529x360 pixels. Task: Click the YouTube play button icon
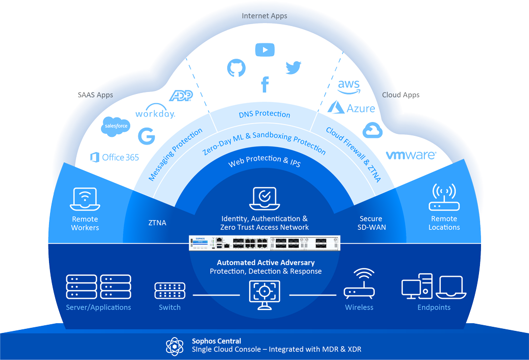[264, 50]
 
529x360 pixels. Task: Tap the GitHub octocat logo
[236, 68]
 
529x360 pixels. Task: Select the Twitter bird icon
[293, 67]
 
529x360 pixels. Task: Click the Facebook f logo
[264, 84]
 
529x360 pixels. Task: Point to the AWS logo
[349, 87]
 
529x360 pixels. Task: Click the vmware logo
[411, 155]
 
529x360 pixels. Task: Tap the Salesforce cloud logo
[115, 126]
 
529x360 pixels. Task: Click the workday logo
[155, 114]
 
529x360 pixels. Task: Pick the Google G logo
[147, 136]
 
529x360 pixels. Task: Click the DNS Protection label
[264, 114]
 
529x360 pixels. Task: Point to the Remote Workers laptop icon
[85, 199]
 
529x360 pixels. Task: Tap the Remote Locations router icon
[444, 198]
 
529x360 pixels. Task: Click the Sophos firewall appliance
[264, 243]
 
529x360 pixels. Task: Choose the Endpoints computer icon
[434, 287]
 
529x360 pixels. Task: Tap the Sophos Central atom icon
[175, 346]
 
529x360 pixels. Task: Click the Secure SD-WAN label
[371, 223]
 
